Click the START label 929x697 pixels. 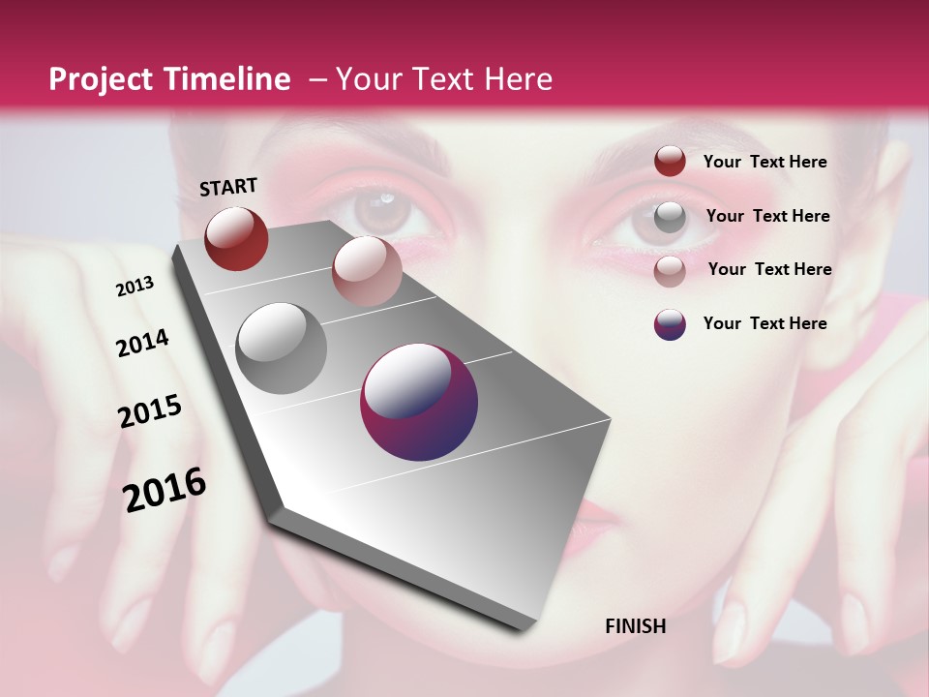coord(228,187)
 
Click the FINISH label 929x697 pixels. coord(635,626)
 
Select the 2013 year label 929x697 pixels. coord(135,287)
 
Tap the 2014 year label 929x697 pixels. coord(142,343)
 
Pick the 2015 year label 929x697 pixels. coord(150,411)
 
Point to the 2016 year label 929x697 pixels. coord(165,489)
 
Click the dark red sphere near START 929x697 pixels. coord(236,238)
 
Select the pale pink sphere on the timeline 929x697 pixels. coord(367,270)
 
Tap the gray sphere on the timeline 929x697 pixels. coord(282,348)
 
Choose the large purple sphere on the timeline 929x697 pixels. coord(419,403)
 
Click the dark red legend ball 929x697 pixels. coord(670,161)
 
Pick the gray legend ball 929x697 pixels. coord(670,217)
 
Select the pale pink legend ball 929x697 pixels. coord(670,270)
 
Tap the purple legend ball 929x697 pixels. coord(670,324)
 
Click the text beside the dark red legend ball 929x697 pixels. coord(764,162)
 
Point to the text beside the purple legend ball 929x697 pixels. coord(764,323)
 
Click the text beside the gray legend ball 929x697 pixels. coord(767,216)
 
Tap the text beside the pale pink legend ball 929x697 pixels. coord(769,269)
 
